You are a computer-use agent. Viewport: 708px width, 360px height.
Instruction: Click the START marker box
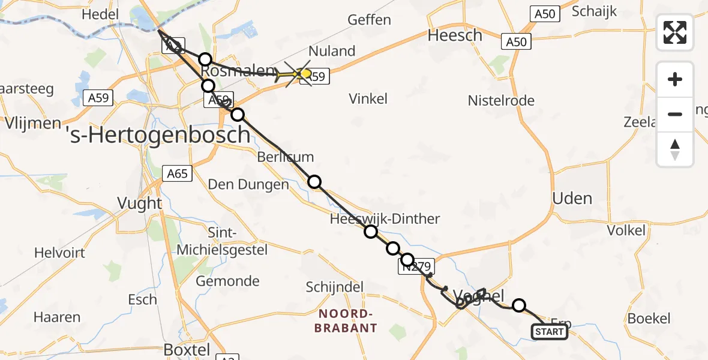point(549,332)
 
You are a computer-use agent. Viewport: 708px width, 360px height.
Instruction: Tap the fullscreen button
point(675,32)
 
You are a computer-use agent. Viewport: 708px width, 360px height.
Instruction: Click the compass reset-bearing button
point(675,149)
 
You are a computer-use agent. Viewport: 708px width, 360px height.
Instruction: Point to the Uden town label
point(573,199)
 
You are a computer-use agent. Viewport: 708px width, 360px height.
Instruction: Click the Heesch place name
point(455,35)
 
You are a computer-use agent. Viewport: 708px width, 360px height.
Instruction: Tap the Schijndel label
point(335,287)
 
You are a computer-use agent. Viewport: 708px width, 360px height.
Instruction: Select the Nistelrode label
point(501,100)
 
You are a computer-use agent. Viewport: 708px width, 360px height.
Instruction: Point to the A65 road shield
point(178,174)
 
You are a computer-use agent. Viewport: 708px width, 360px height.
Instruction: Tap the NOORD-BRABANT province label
point(347,321)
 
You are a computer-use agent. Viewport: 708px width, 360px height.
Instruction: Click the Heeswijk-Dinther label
point(385,219)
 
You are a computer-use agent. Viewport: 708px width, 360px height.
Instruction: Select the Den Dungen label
point(248,184)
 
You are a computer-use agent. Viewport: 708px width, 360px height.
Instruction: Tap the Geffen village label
point(369,20)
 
